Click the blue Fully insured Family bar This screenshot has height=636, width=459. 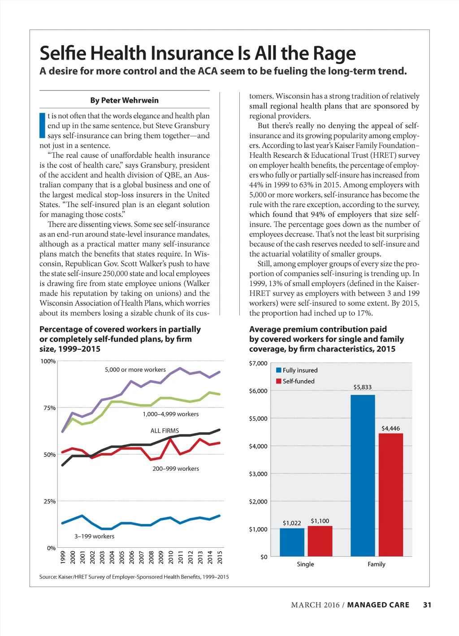(x=363, y=475)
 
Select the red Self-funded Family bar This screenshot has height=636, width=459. (x=390, y=494)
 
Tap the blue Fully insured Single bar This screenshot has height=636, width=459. (x=292, y=542)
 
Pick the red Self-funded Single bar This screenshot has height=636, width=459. (x=320, y=541)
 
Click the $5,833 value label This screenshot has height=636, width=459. (x=362, y=387)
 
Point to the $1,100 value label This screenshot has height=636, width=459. (x=320, y=521)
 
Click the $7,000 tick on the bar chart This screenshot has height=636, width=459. (x=258, y=363)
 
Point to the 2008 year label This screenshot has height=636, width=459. (x=151, y=557)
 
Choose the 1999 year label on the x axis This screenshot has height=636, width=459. (x=63, y=557)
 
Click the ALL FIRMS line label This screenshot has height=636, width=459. (x=165, y=430)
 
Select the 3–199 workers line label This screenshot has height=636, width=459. (x=94, y=536)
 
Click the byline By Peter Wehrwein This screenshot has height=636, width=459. (x=124, y=100)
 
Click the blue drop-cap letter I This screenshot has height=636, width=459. (x=43, y=125)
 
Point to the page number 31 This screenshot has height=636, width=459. (x=427, y=605)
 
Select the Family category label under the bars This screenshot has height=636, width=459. (x=376, y=564)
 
